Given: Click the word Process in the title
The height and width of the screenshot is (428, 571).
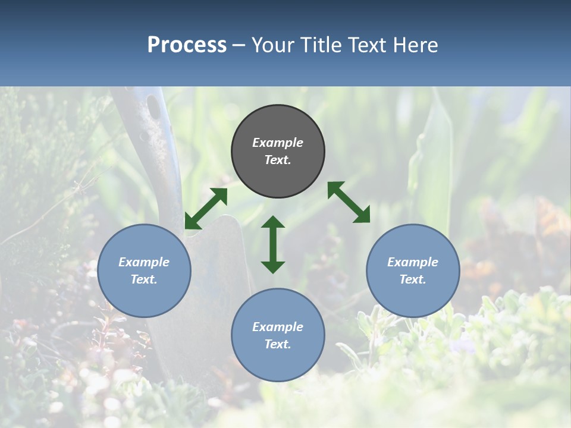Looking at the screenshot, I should pos(187,45).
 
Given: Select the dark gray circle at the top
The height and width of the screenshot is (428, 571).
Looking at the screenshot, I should pos(278,152).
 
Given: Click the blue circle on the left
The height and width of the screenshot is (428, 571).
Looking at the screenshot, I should pos(144,271).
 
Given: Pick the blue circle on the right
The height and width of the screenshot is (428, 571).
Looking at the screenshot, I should pos(413,271).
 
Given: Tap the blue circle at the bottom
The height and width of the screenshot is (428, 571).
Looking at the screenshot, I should pos(278,335).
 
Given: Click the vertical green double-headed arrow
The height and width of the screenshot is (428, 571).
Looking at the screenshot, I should pos(273,244).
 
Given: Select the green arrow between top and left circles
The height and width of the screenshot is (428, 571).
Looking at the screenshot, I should pos(206,208).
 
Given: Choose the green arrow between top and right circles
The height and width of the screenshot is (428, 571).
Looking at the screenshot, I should pos(349,202).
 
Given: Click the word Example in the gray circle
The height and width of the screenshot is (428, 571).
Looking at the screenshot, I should pos(278,143).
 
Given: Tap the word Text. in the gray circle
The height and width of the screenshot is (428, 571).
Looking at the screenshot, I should pos(278,160).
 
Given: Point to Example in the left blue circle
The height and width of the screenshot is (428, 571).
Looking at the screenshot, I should pos(144,262).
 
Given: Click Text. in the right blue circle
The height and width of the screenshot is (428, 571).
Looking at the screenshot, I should pos(413,279).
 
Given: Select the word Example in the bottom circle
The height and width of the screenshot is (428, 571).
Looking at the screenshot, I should pos(278,327).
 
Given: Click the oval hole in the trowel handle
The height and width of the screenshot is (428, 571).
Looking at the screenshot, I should pos(153,107).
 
